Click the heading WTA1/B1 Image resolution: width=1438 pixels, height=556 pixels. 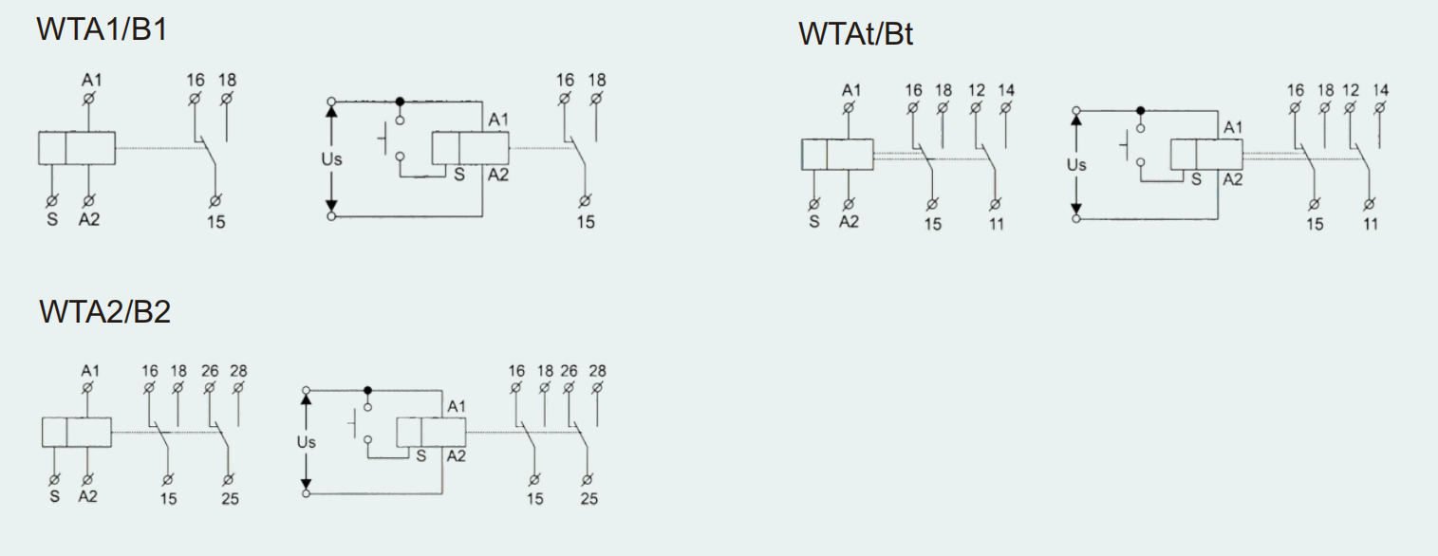click(103, 29)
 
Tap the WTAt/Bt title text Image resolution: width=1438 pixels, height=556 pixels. click(855, 34)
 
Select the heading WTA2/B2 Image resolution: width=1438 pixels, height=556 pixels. click(104, 311)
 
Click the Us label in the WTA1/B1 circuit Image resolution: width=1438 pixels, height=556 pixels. click(331, 159)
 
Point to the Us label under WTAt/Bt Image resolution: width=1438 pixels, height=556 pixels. click(1076, 165)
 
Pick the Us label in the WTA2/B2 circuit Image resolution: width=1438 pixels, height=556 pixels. click(307, 442)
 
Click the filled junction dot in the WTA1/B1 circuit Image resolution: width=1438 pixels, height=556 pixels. click(400, 102)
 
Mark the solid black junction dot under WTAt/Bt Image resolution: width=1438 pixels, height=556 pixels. click(1140, 111)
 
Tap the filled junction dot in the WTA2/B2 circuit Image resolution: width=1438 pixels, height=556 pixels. click(368, 390)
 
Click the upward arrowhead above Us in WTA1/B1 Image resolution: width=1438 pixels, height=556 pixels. click(331, 111)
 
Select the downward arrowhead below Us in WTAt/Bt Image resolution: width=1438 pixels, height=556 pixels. click(1076, 208)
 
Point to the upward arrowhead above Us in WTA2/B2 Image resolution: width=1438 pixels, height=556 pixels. click(307, 399)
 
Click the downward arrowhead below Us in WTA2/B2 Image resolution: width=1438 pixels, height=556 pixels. click(307, 484)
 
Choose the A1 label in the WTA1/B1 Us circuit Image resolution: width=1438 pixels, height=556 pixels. click(498, 120)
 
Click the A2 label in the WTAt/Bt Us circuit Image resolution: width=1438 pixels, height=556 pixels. click(1233, 179)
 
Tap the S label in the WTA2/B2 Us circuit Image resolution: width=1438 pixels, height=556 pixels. click(421, 455)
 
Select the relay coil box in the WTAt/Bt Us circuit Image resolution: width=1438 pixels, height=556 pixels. click(1206, 154)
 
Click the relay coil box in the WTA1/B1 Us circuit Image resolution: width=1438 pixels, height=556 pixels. click(471, 148)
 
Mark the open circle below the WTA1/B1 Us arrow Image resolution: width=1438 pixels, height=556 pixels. click(331, 217)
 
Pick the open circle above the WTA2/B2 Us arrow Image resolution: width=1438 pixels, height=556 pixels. click(307, 390)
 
